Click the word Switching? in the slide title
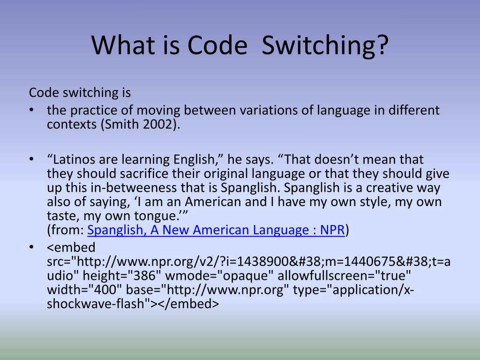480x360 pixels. click(325, 45)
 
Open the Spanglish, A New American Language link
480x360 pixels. click(216, 230)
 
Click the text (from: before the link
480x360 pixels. click(66, 230)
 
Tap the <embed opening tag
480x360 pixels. click(71, 247)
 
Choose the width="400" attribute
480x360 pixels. click(82, 290)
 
